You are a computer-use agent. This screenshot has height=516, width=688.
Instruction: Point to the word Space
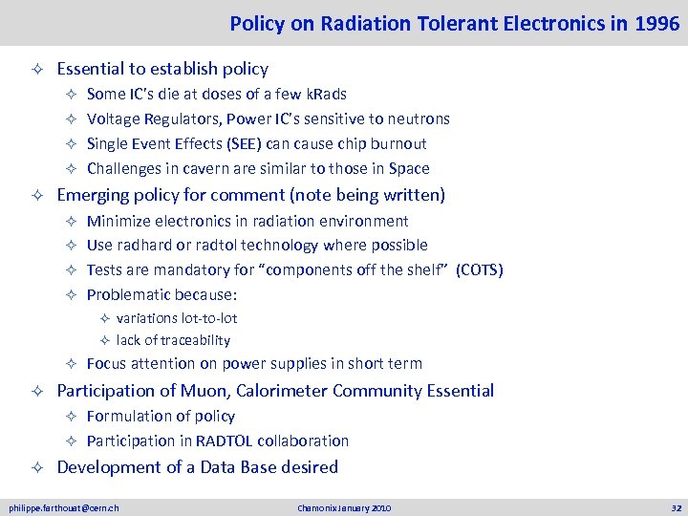pos(409,168)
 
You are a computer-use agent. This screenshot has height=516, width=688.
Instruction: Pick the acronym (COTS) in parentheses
pos(480,269)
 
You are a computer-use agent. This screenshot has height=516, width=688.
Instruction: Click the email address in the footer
pos(64,507)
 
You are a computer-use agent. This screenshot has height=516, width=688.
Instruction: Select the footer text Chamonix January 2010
pos(343,507)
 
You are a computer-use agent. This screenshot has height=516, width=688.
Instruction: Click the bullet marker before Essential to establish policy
pos(35,69)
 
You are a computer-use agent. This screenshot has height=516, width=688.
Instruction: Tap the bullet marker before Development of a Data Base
pos(35,467)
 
